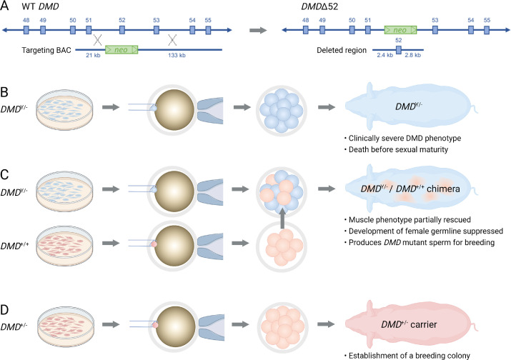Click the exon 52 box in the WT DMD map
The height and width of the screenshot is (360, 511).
coord(122,31)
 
